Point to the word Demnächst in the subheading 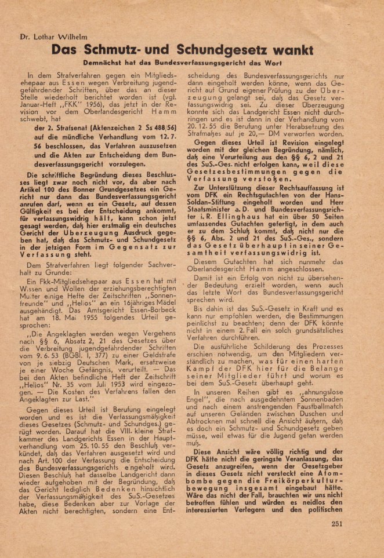[104, 63]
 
